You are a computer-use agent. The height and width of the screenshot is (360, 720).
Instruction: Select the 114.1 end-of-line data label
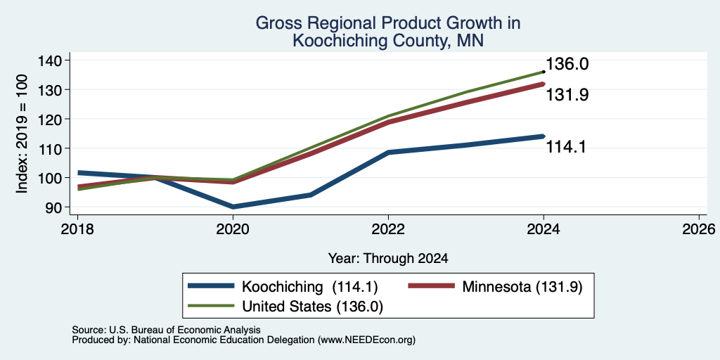point(566,147)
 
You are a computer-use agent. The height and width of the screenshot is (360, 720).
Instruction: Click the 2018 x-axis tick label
point(77,229)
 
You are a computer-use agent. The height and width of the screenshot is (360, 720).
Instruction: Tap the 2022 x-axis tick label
point(388,229)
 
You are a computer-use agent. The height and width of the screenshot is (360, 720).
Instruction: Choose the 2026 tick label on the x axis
point(699,229)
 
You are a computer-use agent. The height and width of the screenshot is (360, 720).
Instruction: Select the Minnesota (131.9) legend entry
point(522,287)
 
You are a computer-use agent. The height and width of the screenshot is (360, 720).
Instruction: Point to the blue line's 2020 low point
point(233,207)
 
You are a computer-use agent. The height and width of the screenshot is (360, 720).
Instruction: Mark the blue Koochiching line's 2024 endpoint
point(543,136)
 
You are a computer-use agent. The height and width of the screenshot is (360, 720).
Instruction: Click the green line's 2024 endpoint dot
point(544,72)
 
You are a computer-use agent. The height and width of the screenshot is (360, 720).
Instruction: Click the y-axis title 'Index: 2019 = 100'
point(22,134)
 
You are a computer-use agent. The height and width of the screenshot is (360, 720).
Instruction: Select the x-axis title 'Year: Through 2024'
point(388,259)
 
